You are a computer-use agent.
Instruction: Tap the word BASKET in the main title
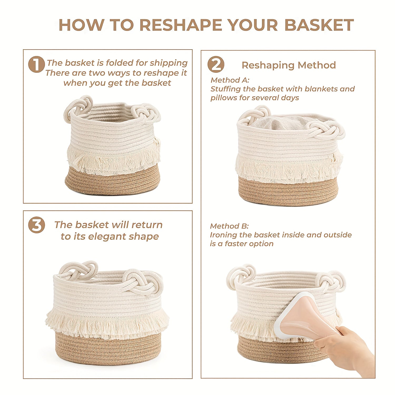tap(319, 25)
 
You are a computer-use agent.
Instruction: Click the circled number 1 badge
tap(36, 64)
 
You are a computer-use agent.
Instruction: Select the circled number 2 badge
tap(216, 65)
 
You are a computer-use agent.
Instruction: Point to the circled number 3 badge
tap(36, 225)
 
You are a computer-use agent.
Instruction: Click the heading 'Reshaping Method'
tap(289, 65)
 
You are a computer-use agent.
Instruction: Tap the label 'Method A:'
tap(230, 80)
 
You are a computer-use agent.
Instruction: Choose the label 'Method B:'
tap(229, 226)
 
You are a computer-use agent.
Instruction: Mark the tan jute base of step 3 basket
tap(108, 348)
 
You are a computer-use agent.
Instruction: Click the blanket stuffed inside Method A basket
tap(279, 122)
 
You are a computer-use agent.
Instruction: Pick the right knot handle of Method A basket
tap(327, 130)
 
